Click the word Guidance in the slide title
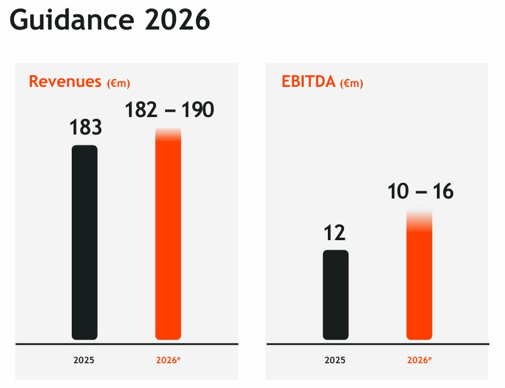pos(71,21)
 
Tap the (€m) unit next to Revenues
pos(118,83)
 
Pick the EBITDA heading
pos(308,81)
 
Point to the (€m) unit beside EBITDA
pos(351,83)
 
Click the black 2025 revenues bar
pos(84,241)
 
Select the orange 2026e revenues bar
pos(168,241)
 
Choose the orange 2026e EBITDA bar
pos(419,284)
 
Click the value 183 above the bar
pos(85,128)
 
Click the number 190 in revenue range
pos(198,110)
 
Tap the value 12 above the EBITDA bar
pos(334,233)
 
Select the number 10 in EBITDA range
pos(398,192)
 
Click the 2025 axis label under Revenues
pos(84,360)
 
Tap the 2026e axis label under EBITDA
pos(419,360)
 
